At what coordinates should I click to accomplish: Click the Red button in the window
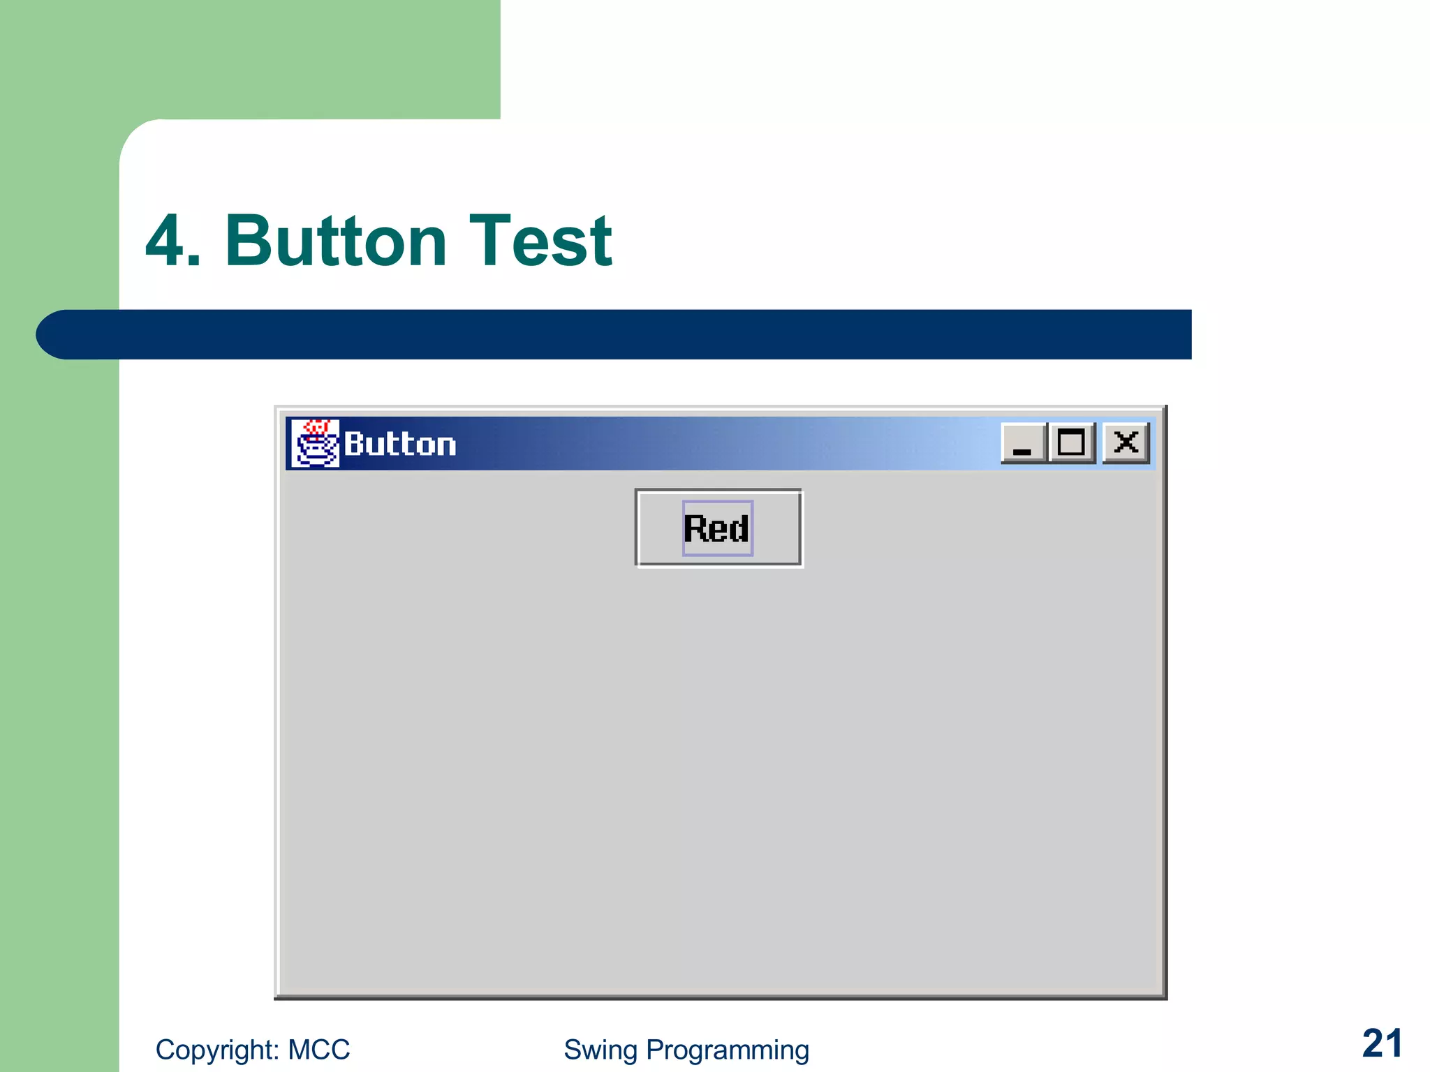tap(718, 528)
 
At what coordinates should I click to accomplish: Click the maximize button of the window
tap(1071, 442)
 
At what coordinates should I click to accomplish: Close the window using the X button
tap(1126, 442)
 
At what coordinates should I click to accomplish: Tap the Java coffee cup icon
tap(314, 444)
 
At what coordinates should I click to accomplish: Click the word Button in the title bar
tap(400, 445)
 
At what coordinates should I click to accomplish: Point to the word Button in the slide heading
tap(336, 241)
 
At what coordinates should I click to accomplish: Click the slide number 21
tap(1382, 1044)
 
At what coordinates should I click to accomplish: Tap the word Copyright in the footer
tap(218, 1050)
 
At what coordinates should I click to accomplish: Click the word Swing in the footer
tap(600, 1050)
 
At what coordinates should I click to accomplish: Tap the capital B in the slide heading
tap(249, 241)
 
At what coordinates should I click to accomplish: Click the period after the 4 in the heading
tap(195, 262)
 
